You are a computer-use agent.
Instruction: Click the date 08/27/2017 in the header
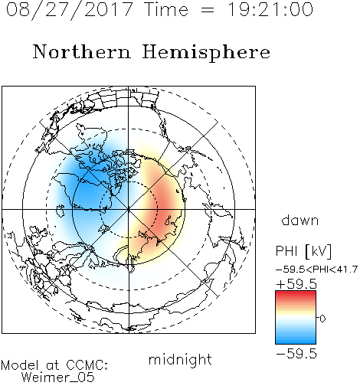pos(69,10)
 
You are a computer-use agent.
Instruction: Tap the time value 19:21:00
pos(270,9)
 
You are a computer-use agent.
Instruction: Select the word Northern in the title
pos(82,51)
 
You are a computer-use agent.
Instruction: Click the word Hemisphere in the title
pos(206,53)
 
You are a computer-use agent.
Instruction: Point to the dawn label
pos(300,220)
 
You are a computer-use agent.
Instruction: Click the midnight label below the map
pos(180,360)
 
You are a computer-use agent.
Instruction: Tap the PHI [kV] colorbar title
pos(303,251)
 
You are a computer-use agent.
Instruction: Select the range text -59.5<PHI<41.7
pos(316,270)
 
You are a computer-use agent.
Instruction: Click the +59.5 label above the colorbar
pos(296,284)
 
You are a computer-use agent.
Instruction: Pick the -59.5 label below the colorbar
pos(296,354)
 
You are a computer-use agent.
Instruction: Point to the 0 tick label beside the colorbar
pos(322,319)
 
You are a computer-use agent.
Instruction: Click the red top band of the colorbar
pos(296,293)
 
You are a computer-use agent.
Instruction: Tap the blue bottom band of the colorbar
pos(296,341)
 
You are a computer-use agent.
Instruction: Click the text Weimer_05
pos(57,378)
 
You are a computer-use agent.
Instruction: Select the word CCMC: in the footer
pos(87,365)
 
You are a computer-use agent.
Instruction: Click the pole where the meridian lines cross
pos(129,209)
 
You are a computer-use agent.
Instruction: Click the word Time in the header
pos(167,9)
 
